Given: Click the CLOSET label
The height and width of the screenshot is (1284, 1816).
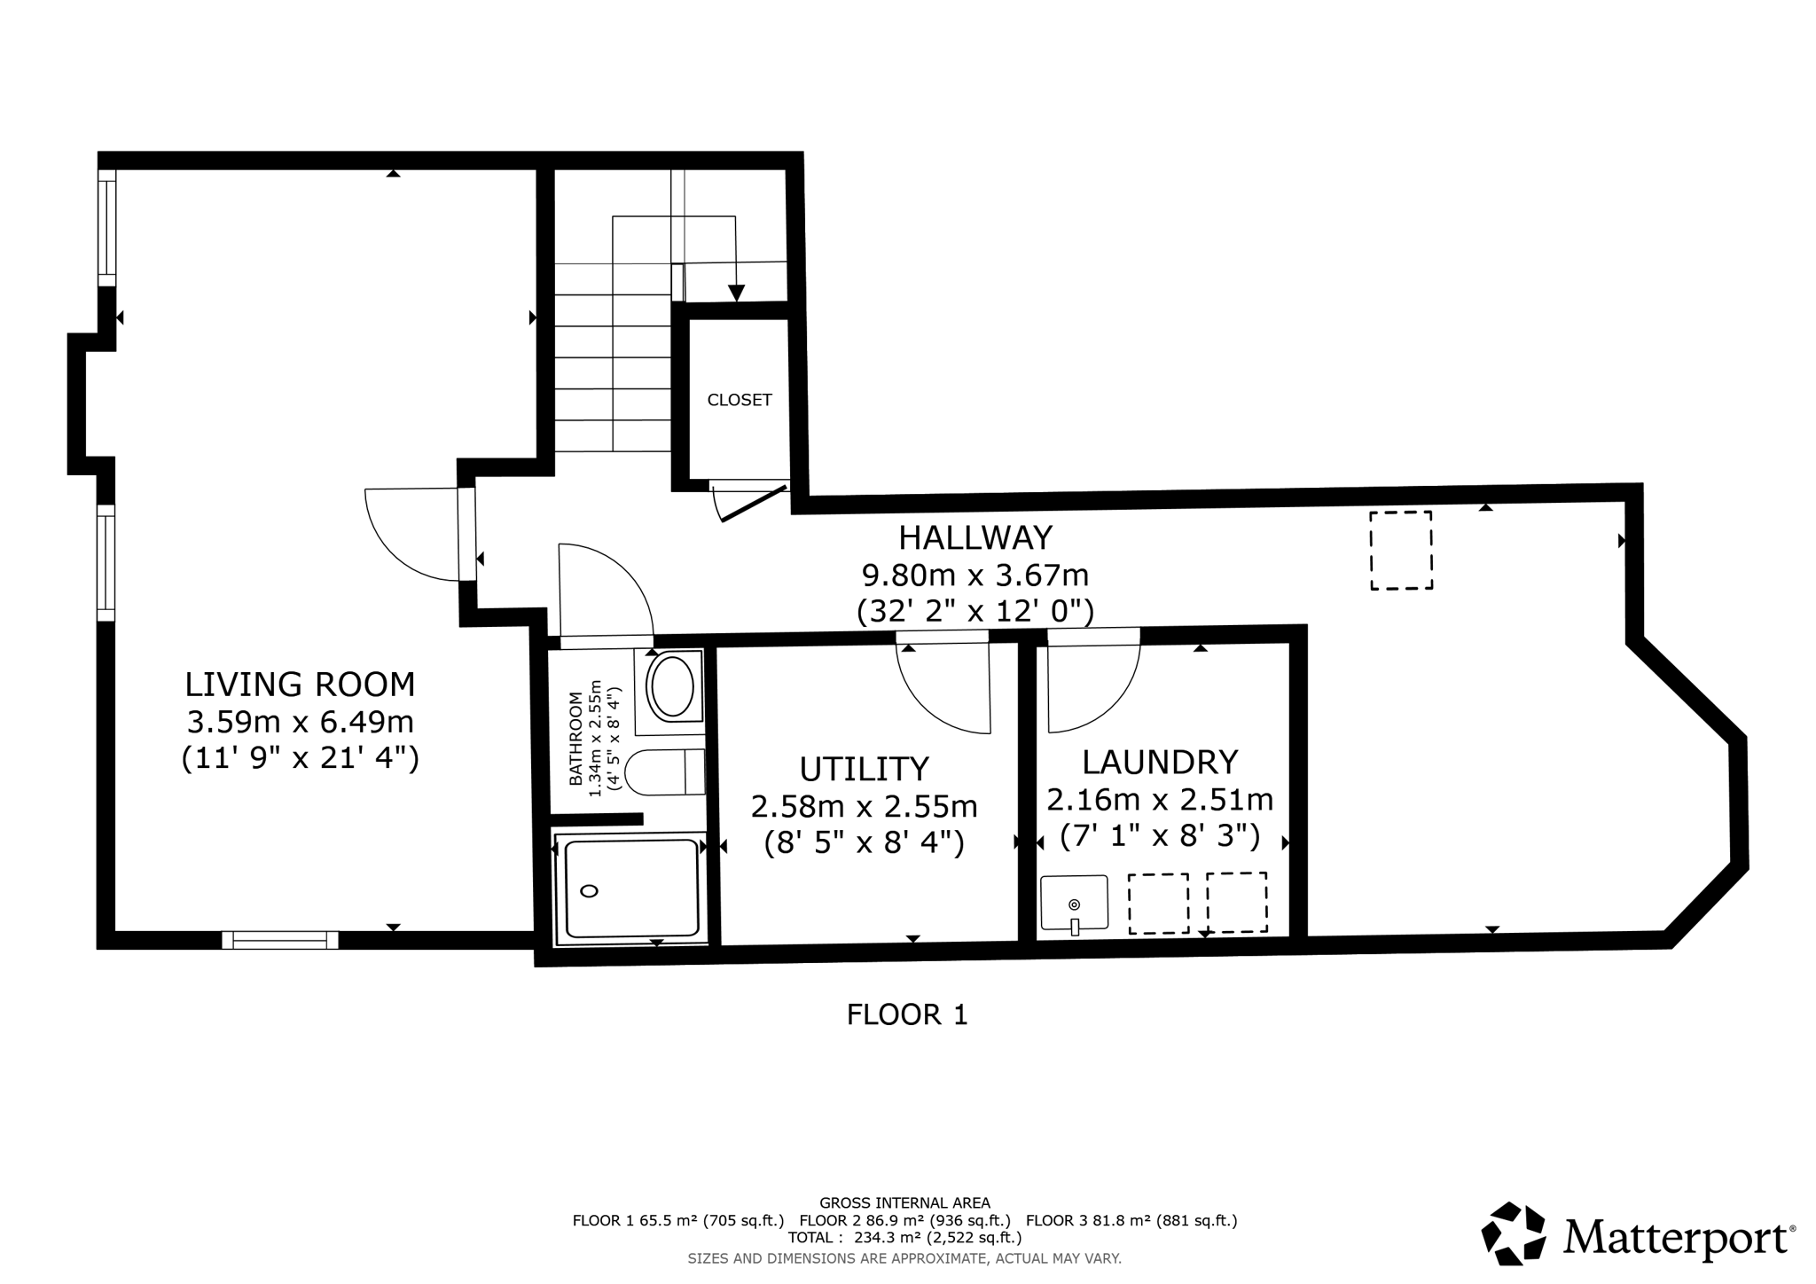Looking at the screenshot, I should pyautogui.click(x=739, y=400).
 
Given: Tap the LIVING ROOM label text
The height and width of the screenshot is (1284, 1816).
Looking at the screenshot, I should pyautogui.click(x=300, y=685).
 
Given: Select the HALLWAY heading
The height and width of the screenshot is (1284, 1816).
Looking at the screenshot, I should pyautogui.click(x=975, y=538).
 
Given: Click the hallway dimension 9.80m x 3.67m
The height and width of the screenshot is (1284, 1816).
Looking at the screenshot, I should pyautogui.click(x=975, y=575).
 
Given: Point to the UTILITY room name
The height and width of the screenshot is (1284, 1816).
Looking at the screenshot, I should pyautogui.click(x=864, y=768).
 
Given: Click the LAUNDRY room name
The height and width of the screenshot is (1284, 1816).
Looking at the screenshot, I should pyautogui.click(x=1160, y=763).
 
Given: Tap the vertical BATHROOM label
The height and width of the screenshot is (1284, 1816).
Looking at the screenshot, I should pyautogui.click(x=575, y=739).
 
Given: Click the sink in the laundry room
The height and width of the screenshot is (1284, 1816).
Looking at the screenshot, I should pyautogui.click(x=1074, y=903).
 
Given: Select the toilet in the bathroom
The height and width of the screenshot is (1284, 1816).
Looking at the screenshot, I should pyautogui.click(x=663, y=771).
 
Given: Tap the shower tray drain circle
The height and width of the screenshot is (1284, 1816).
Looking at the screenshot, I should pyautogui.click(x=589, y=891).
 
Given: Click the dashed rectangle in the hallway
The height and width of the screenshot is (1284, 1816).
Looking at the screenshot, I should pyautogui.click(x=1401, y=550).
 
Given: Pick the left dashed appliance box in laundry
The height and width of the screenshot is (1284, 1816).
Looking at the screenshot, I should pyautogui.click(x=1158, y=903).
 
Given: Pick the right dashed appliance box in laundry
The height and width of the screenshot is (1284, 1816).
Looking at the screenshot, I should pyautogui.click(x=1236, y=902).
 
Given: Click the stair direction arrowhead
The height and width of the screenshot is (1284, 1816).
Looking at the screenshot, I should pyautogui.click(x=736, y=293).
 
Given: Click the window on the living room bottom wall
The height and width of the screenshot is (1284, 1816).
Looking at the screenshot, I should pyautogui.click(x=279, y=940).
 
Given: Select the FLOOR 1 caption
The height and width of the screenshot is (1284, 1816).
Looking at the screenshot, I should pyautogui.click(x=906, y=1014).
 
